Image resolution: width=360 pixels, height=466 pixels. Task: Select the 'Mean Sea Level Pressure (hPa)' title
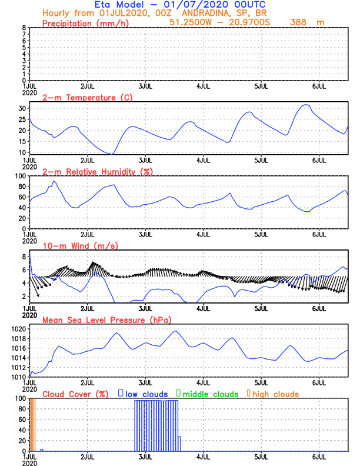(x=105, y=319)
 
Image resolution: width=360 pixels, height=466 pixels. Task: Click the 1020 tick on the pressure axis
(x=18, y=329)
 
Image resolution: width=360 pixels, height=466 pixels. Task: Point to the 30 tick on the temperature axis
(x=22, y=108)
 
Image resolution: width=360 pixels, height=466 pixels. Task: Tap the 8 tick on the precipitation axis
(x=24, y=28)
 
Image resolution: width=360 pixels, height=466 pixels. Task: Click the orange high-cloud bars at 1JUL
(x=34, y=424)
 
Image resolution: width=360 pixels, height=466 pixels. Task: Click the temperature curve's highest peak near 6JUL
(x=305, y=105)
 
